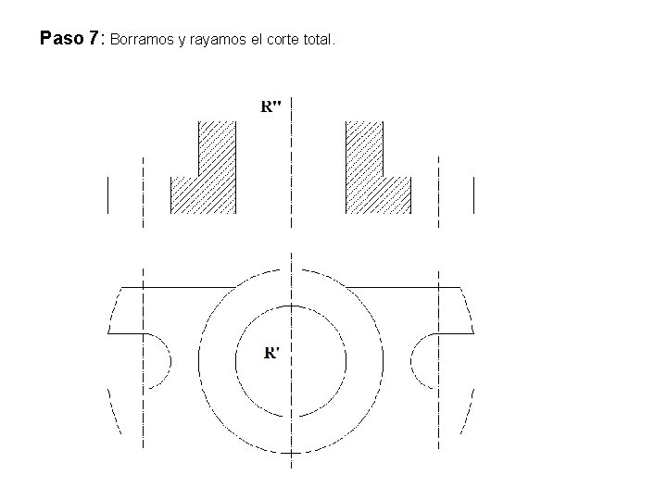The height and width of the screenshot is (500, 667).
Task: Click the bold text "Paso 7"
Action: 69,38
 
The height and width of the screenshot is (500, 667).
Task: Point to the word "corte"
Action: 283,40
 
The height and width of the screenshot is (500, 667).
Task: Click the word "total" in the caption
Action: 317,40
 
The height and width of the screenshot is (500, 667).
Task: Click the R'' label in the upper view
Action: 271,106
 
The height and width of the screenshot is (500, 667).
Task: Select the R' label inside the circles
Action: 271,353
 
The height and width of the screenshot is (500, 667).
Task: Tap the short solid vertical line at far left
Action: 108,195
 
